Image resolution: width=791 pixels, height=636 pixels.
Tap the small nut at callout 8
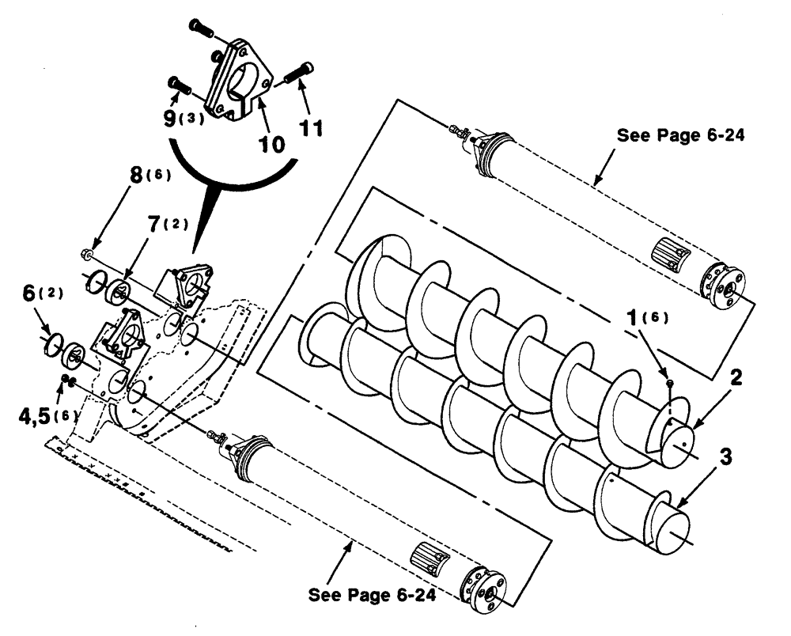point(86,254)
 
